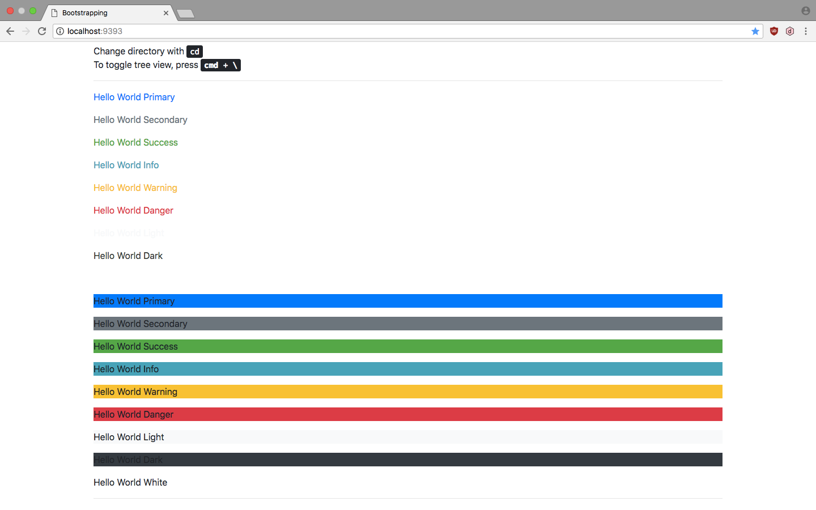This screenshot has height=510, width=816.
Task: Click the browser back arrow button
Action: pos(10,31)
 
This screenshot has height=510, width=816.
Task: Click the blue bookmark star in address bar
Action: pos(755,31)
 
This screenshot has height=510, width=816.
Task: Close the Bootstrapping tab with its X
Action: pos(166,13)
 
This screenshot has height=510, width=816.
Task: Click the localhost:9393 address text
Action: pos(95,31)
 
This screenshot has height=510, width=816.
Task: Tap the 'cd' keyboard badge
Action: pos(194,52)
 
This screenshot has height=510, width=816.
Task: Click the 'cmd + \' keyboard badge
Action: pos(220,65)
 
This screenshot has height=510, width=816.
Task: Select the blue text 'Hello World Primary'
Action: pos(134,97)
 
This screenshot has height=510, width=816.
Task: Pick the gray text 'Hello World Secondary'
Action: pos(140,120)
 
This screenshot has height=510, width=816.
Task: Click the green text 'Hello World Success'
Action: pos(135,142)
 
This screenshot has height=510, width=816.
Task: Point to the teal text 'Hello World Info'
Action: pos(126,165)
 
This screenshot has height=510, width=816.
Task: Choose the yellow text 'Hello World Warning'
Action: pos(135,188)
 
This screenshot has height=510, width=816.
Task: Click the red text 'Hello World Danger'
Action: pos(133,210)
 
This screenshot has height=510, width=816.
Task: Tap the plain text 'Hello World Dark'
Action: pos(128,256)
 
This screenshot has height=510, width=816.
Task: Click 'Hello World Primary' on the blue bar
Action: pos(134,301)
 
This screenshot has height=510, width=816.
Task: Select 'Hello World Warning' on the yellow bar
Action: pos(135,392)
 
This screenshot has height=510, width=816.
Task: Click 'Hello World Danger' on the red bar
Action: pos(133,414)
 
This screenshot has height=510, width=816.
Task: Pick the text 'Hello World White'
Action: pos(130,482)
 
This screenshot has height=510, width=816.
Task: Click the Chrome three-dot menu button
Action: pos(805,31)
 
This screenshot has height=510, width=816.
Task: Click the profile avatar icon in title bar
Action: pos(805,11)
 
